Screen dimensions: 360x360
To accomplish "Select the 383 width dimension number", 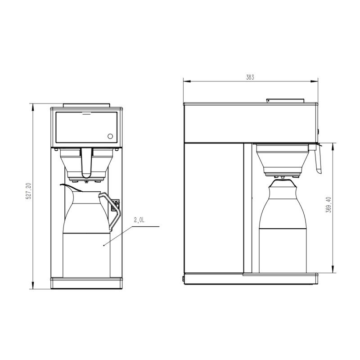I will point(250,77).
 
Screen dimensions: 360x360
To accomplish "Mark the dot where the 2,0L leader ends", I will point(104,245).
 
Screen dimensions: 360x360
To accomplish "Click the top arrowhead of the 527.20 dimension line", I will point(33,106).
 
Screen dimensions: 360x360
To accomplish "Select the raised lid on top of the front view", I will point(86,105).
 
